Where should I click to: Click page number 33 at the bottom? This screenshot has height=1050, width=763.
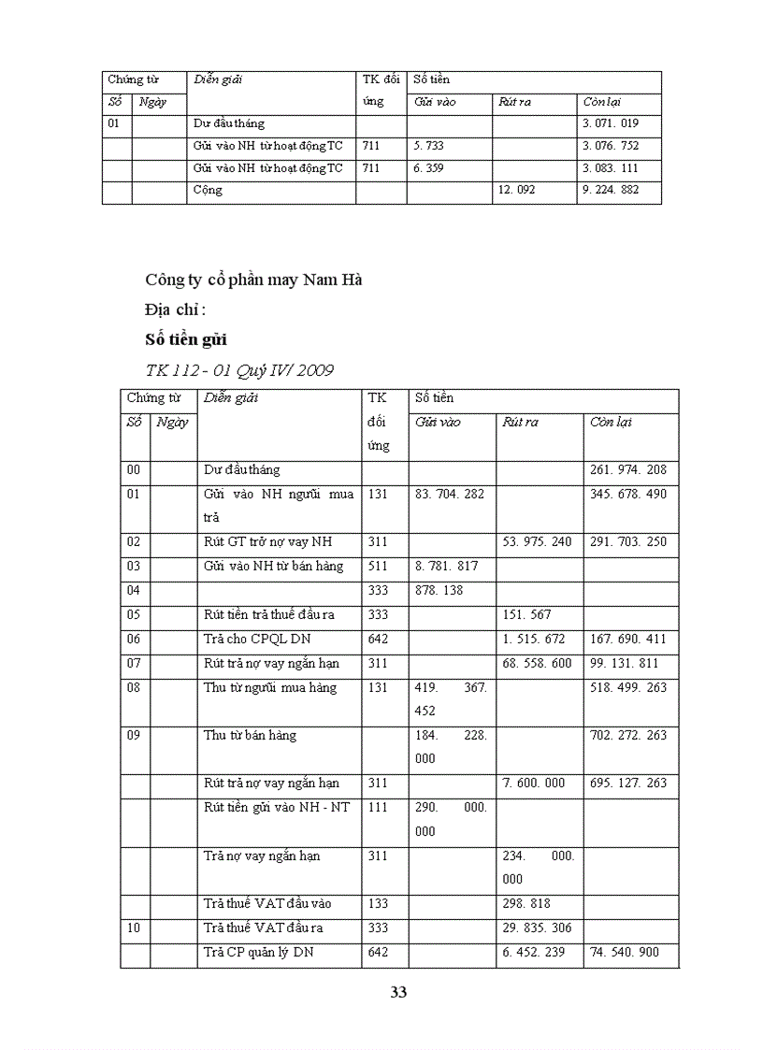[398, 992]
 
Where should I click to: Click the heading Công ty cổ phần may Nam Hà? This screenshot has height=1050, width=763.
[253, 280]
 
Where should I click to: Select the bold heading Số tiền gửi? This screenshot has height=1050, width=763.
[186, 339]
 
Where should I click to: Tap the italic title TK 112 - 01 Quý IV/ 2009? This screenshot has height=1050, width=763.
[239, 370]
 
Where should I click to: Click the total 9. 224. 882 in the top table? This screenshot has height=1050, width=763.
[611, 190]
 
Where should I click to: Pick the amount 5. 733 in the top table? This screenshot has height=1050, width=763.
[428, 145]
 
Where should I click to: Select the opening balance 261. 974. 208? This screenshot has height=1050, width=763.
[628, 469]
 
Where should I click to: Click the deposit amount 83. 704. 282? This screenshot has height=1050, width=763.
[450, 494]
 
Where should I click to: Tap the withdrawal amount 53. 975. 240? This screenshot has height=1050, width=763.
[537, 542]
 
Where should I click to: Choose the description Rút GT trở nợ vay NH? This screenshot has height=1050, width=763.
[268, 542]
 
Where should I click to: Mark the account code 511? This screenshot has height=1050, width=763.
[378, 567]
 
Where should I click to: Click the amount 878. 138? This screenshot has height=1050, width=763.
[439, 591]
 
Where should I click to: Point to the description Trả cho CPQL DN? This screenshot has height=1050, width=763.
[258, 640]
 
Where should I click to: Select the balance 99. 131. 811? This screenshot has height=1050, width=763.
[628, 664]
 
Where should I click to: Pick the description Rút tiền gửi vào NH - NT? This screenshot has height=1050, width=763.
[277, 808]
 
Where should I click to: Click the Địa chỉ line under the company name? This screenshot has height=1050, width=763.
[175, 309]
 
